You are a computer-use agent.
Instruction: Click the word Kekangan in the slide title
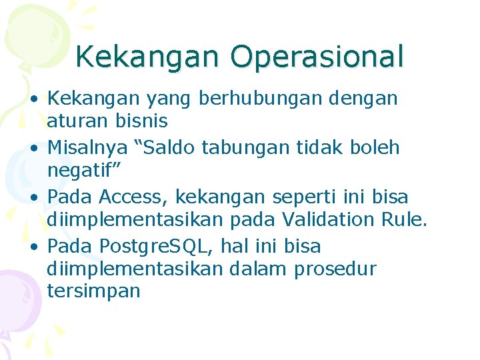pos(150,57)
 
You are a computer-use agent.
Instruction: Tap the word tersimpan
pos(93,291)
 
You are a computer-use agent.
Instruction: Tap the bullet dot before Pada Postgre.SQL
pos(32,247)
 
